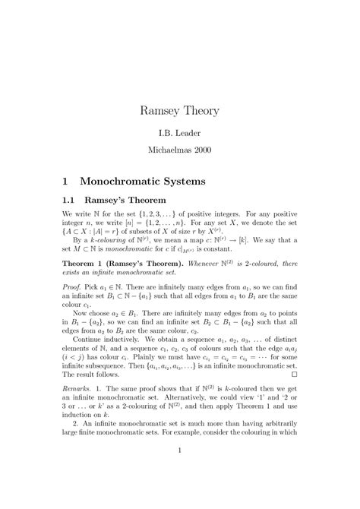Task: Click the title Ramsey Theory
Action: [180, 111]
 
